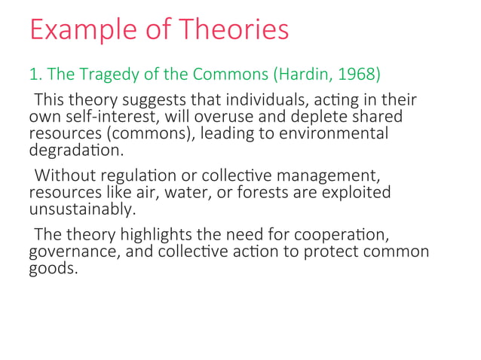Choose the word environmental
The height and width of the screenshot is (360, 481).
pos(332,134)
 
